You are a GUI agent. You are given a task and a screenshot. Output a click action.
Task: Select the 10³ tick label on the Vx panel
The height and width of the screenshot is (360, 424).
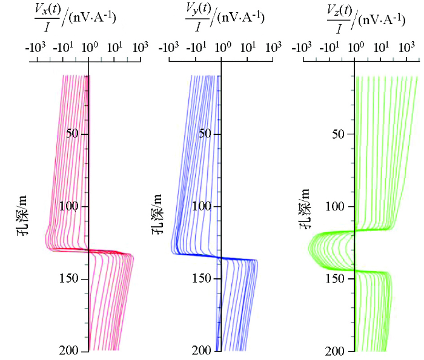(x=141, y=47)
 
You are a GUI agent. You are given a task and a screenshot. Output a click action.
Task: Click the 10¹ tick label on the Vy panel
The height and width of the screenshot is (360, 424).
(x=248, y=47)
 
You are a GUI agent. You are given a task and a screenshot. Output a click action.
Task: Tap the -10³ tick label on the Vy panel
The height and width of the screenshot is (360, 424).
(x=168, y=47)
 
